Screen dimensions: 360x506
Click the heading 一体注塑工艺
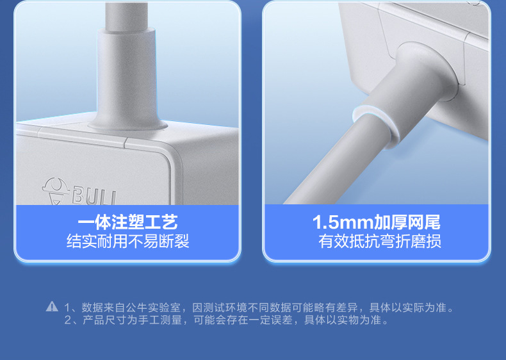tap(127, 222)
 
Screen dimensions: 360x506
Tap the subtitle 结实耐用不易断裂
tap(127, 241)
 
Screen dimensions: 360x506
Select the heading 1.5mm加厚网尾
tap(377, 222)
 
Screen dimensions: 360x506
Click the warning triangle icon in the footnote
tap(52, 307)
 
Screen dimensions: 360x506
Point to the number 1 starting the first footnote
tap(68, 307)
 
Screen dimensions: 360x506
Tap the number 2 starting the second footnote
tap(68, 320)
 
